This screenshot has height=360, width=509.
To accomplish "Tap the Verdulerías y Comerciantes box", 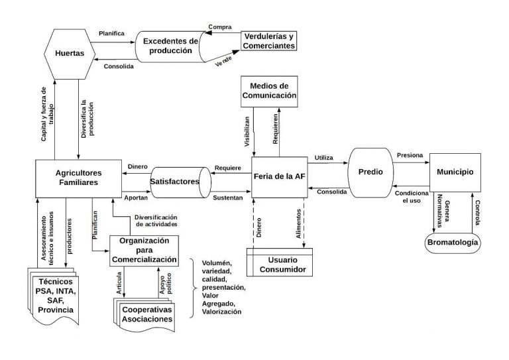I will tap(267, 40).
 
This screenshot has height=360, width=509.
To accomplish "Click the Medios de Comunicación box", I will tap(268, 90).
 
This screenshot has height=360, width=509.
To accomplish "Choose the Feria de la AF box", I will tap(278, 176).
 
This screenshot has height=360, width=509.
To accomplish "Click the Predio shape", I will tap(370, 172).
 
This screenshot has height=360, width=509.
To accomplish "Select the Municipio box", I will tap(455, 172).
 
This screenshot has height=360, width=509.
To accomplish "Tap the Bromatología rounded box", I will tap(453, 243).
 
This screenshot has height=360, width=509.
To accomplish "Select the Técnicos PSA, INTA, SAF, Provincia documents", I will tap(56, 296).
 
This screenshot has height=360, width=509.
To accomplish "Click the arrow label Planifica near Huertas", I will tap(112, 33).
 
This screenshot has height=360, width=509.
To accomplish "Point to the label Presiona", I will tap(410, 155).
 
